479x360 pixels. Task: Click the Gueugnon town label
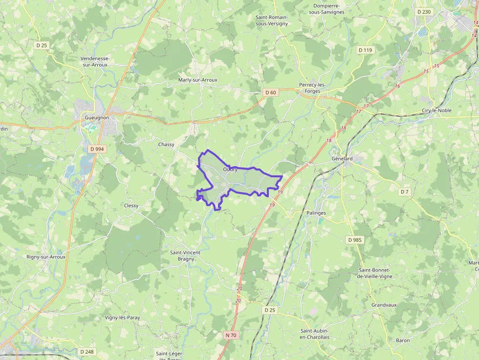(x=97, y=118)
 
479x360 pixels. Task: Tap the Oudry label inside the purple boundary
(x=230, y=169)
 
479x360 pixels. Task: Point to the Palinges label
(x=316, y=213)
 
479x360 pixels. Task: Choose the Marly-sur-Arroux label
(x=197, y=80)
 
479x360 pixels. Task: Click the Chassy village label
(x=166, y=145)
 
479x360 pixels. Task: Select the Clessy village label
(x=131, y=206)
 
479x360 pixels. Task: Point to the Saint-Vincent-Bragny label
(x=185, y=255)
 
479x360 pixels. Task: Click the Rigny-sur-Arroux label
(x=46, y=256)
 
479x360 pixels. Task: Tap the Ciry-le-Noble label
(x=436, y=110)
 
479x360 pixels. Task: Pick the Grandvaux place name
(x=384, y=305)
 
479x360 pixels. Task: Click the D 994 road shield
(x=98, y=148)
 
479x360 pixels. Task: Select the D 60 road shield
(x=270, y=92)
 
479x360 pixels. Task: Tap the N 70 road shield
(x=231, y=335)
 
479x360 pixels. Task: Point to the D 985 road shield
(x=355, y=240)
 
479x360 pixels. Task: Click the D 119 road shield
(x=365, y=50)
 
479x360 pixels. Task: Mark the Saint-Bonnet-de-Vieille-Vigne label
(x=375, y=273)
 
